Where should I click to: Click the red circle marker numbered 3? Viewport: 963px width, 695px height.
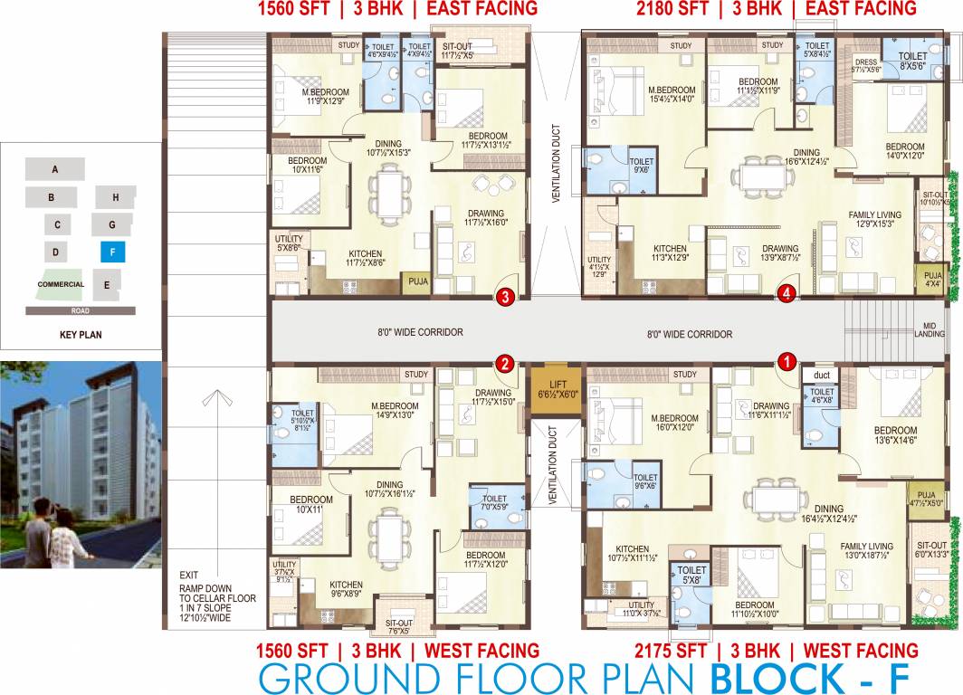(x=506, y=295)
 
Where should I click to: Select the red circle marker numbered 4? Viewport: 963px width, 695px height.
(x=787, y=293)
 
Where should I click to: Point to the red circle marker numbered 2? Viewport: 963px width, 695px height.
(x=505, y=364)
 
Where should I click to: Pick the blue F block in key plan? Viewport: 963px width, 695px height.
(x=112, y=252)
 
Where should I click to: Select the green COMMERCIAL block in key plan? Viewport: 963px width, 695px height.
(x=60, y=283)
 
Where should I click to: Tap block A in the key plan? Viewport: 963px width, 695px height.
(x=54, y=169)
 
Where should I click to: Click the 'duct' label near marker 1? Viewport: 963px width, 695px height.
(x=821, y=374)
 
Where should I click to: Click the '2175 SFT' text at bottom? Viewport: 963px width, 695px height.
(x=672, y=651)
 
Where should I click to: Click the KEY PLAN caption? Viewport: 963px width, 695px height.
(x=80, y=334)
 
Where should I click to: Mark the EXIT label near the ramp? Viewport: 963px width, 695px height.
(x=188, y=575)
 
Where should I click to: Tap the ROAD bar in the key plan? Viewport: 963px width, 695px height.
(x=81, y=310)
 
